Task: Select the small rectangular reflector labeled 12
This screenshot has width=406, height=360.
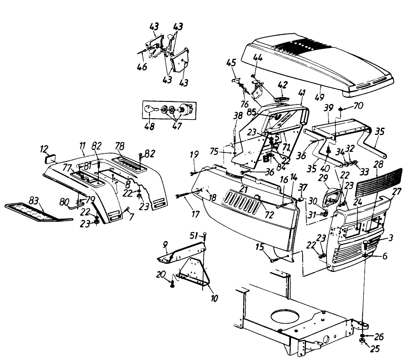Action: (x=52, y=159)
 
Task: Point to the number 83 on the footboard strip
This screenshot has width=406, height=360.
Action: (x=33, y=201)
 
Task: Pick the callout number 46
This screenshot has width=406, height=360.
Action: (x=142, y=66)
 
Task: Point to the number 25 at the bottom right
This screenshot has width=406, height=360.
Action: (x=375, y=348)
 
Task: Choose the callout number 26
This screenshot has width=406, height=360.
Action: (x=379, y=337)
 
